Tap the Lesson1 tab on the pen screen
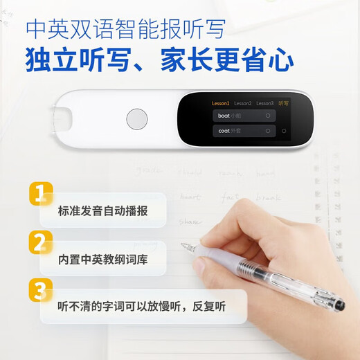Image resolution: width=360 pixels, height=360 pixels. click(220, 103)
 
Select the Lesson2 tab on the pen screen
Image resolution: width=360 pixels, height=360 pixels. click(242, 103)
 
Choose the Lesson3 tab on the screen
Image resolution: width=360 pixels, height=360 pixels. click(264, 103)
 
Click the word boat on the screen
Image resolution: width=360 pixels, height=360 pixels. click(223, 116)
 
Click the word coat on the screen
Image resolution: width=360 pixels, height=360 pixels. click(223, 130)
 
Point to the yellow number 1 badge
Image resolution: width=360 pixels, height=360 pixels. click(41, 192)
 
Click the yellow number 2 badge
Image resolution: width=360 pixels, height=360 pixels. click(41, 242)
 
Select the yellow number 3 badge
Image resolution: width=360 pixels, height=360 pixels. click(41, 289)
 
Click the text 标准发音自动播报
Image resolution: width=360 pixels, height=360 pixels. click(102, 210)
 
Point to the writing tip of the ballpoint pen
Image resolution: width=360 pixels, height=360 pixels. click(182, 243)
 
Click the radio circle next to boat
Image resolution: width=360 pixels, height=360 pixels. click(267, 116)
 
